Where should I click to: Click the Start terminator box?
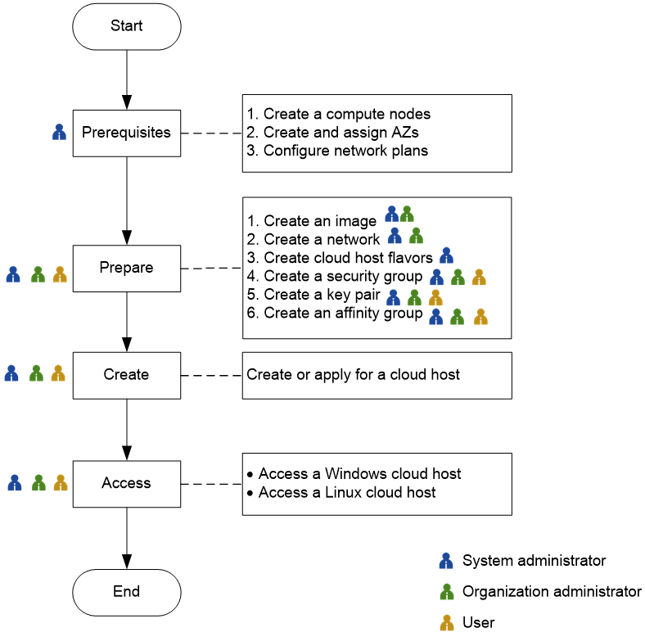coord(127,26)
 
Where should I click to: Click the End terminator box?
coord(127,592)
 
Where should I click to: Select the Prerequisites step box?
coord(127,133)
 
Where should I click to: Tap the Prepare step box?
coord(127,268)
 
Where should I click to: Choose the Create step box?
coord(127,375)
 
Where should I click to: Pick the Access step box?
coord(127,483)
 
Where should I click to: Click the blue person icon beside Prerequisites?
coord(59,132)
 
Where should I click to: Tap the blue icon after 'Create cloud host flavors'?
coord(446,255)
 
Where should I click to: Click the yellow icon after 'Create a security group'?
coord(479,278)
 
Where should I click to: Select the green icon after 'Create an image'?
coord(407,215)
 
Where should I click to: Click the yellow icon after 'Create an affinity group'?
coord(480,316)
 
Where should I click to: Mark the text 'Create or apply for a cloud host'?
coord(353,375)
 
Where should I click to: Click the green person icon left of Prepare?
coord(37,274)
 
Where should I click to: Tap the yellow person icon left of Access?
coord(60,483)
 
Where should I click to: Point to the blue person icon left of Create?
coord(11,373)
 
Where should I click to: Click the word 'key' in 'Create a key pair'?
coord(340,295)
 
